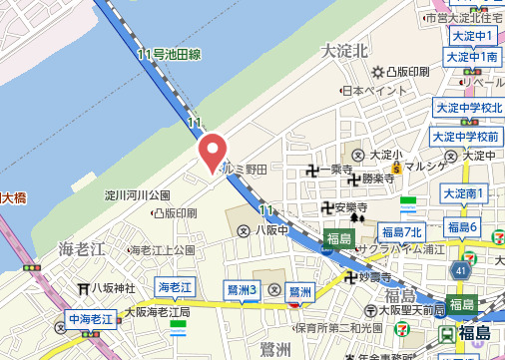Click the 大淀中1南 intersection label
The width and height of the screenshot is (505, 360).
coord(473,58)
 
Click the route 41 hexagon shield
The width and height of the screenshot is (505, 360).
coord(459,268)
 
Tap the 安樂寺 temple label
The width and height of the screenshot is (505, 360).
coord(350,208)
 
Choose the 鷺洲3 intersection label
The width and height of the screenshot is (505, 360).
coord(243,289)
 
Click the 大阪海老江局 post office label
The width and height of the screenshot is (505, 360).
coord(155,312)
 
